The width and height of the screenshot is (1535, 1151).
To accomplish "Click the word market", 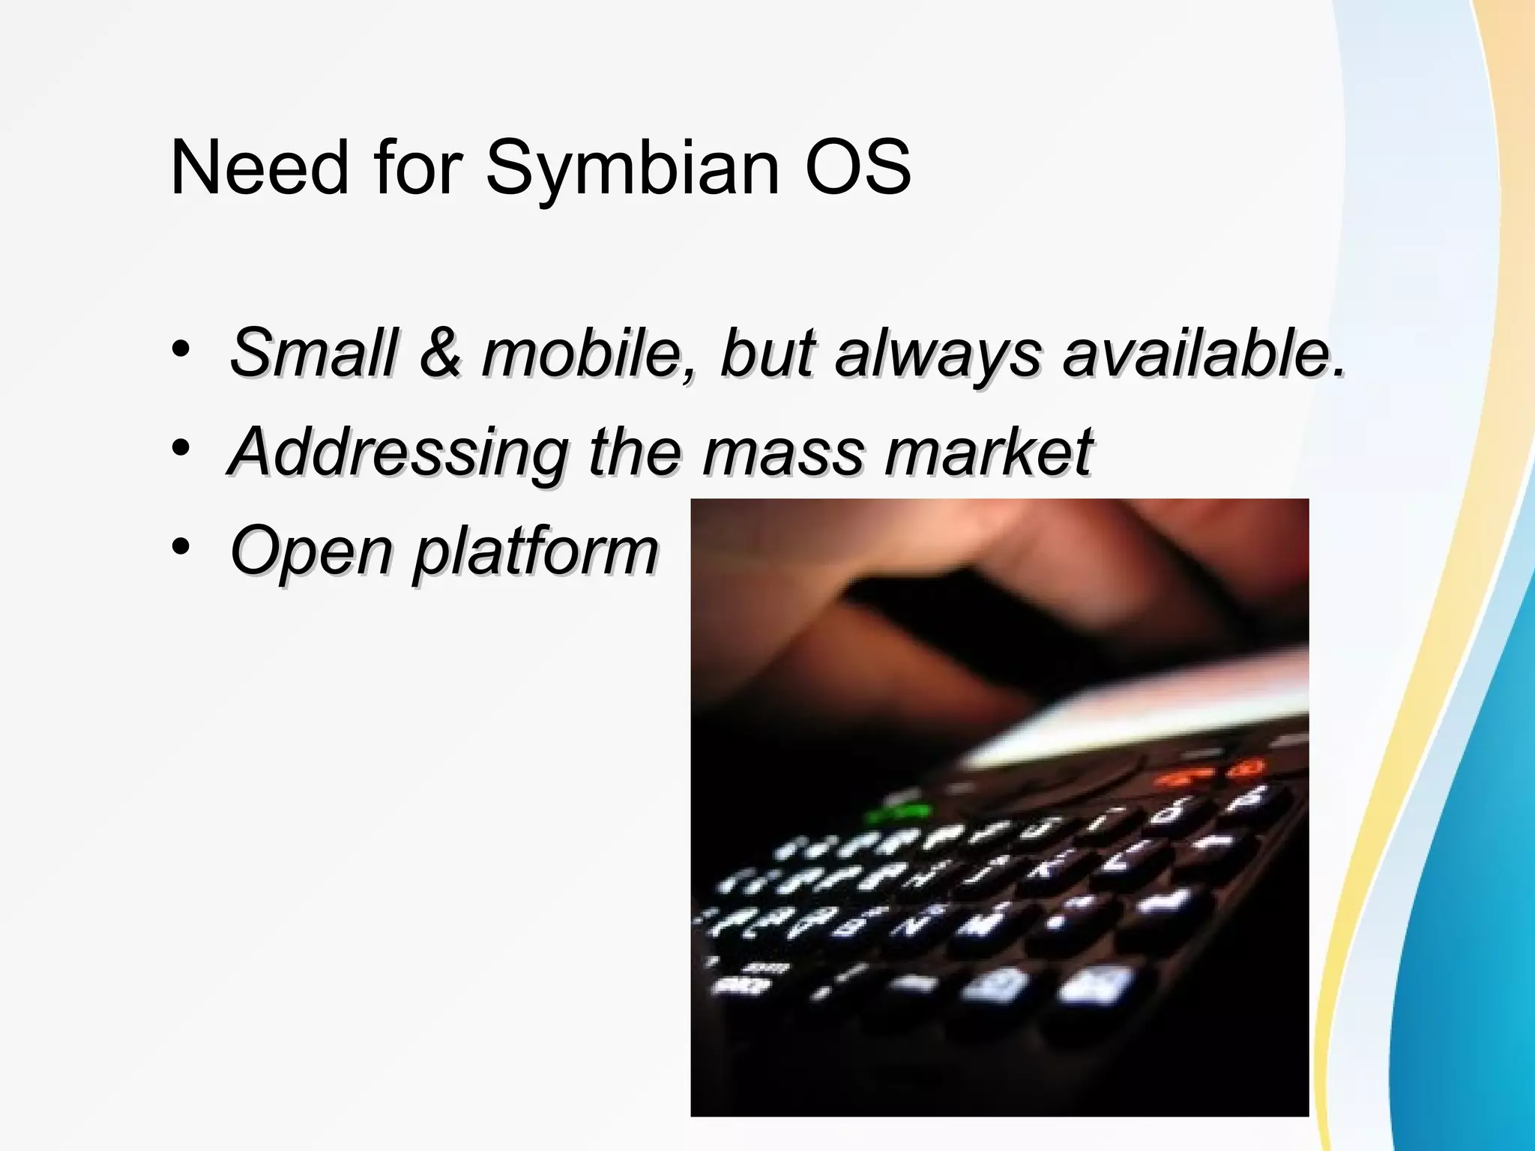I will tap(989, 451).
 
